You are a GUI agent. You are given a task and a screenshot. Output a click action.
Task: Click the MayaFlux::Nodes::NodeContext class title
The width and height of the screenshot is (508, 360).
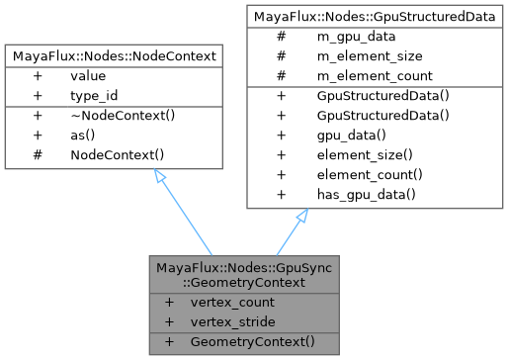pos(116,56)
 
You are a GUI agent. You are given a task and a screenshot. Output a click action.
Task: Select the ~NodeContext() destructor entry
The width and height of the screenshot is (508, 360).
pos(116,117)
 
